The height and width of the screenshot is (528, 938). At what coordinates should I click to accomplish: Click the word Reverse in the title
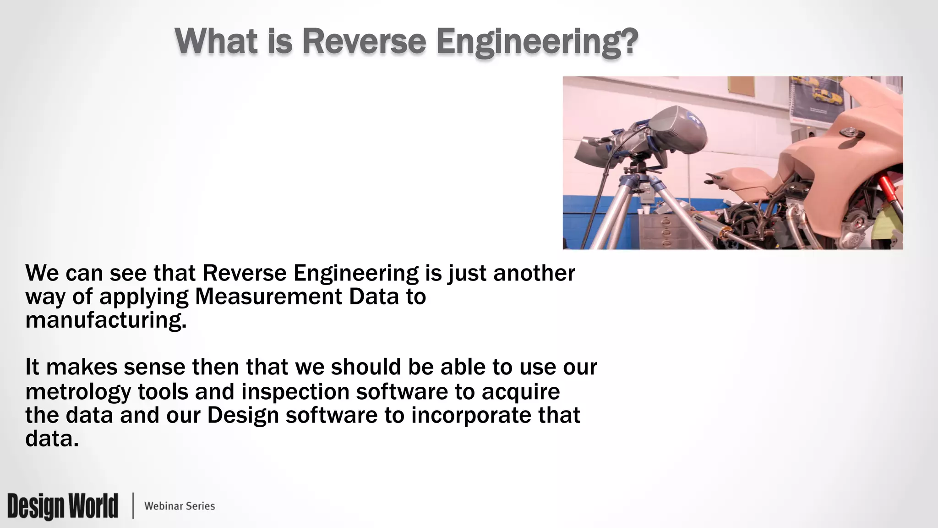click(x=364, y=41)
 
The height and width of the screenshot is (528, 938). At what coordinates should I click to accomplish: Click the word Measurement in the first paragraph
click(x=268, y=297)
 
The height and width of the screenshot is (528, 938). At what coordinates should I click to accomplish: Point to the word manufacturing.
click(x=106, y=320)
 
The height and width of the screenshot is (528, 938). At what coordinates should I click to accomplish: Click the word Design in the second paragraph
click(x=243, y=416)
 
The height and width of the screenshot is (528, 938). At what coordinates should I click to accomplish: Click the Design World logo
click(x=63, y=506)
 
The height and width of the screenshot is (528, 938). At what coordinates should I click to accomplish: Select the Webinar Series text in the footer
click(x=180, y=506)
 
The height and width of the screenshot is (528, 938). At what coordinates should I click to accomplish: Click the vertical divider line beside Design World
click(x=133, y=506)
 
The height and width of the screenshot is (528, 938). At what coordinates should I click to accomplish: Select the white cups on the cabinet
click(x=643, y=211)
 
